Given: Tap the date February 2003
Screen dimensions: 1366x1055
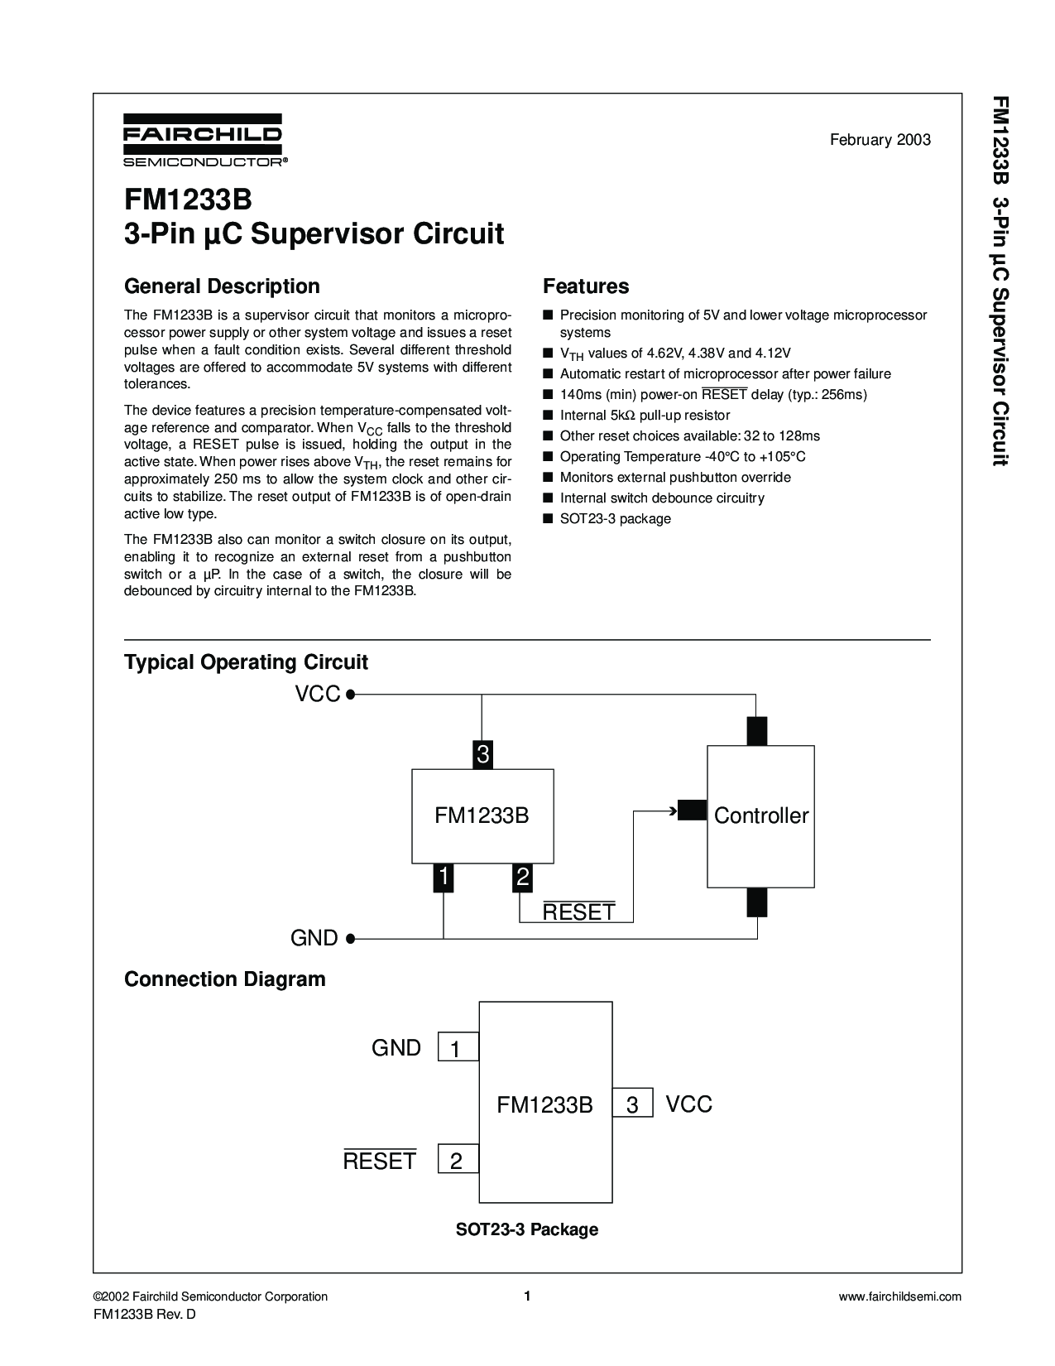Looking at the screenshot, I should pos(880,140).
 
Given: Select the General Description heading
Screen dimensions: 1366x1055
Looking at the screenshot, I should pos(222,286).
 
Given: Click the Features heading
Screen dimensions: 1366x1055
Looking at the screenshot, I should pos(586,286).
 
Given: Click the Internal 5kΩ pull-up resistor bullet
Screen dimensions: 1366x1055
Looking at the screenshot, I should pos(645,416).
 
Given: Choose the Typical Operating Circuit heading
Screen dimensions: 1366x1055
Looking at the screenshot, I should pos(246,662).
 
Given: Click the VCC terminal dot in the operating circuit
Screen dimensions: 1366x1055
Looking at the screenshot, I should pos(351,695).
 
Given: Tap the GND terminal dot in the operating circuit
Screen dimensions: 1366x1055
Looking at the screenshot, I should pos(351,938).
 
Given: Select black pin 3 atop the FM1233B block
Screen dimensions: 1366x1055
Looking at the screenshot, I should pos(482,754).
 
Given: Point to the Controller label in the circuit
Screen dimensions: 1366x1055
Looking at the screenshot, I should pos(760,816).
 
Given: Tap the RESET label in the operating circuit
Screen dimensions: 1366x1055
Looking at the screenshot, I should pos(578,912).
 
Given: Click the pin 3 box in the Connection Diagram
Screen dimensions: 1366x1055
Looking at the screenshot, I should pos(633,1105).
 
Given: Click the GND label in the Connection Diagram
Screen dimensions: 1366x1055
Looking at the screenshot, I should pos(396,1048).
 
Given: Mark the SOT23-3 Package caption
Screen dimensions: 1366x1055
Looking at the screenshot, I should pos(527,1229).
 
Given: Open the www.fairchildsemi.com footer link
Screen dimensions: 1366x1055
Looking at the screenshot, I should pos(899,1296).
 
